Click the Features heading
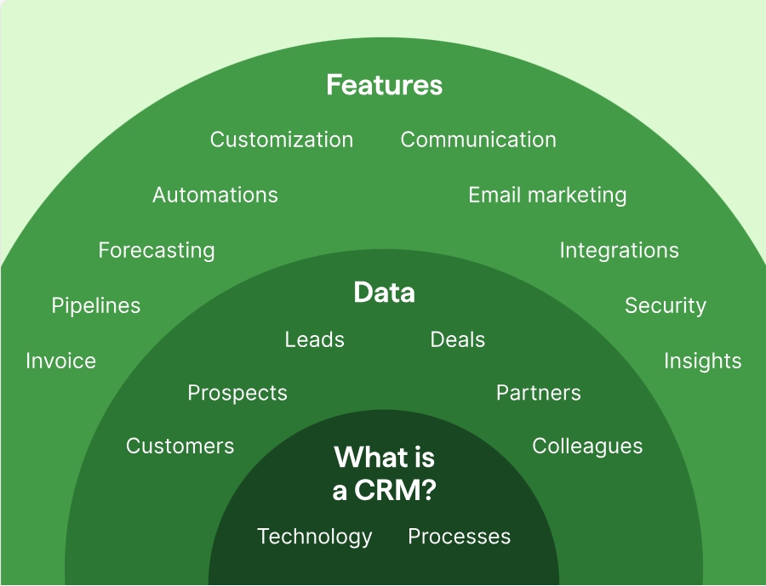tap(385, 85)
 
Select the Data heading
tap(385, 293)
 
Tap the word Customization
tap(282, 139)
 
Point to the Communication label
tap(478, 139)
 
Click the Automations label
tap(215, 195)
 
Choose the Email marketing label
tap(547, 196)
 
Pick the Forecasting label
tap(157, 251)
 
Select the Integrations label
tap(619, 251)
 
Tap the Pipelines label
tap(96, 306)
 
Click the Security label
tap(666, 306)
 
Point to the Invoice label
tap(61, 361)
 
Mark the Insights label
tap(702, 361)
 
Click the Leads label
tap(315, 340)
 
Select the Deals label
tap(458, 340)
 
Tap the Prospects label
tap(237, 393)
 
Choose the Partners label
tap(539, 393)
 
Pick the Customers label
tap(180, 447)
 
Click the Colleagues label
tap(587, 447)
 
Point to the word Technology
tap(315, 538)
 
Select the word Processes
tap(460, 537)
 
